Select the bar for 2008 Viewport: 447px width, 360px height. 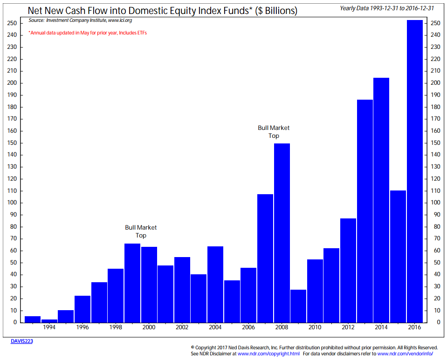point(282,233)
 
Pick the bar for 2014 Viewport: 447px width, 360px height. point(381,200)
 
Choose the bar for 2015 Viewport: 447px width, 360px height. point(398,256)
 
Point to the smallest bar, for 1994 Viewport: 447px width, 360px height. point(49,320)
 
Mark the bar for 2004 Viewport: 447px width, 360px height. point(215,284)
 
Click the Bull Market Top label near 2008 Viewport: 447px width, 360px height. point(274,132)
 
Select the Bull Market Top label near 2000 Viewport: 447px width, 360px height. point(141,231)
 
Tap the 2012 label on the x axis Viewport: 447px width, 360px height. point(348,327)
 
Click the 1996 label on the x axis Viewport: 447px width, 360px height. point(83,327)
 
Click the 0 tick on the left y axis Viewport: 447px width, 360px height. point(15,322)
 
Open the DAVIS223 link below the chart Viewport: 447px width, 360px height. point(22,341)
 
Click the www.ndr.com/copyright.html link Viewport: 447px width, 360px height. point(268,354)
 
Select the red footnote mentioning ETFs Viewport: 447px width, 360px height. point(88,33)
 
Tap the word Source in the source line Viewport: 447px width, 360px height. point(36,21)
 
